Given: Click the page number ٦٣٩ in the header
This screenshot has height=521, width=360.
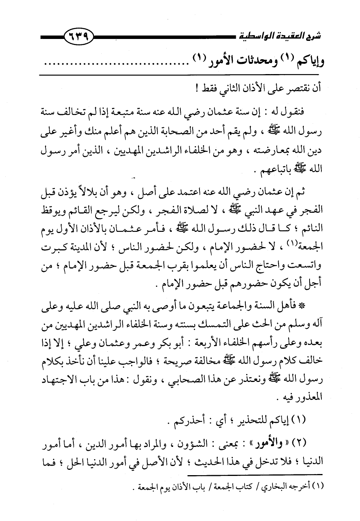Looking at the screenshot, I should [78, 38].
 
